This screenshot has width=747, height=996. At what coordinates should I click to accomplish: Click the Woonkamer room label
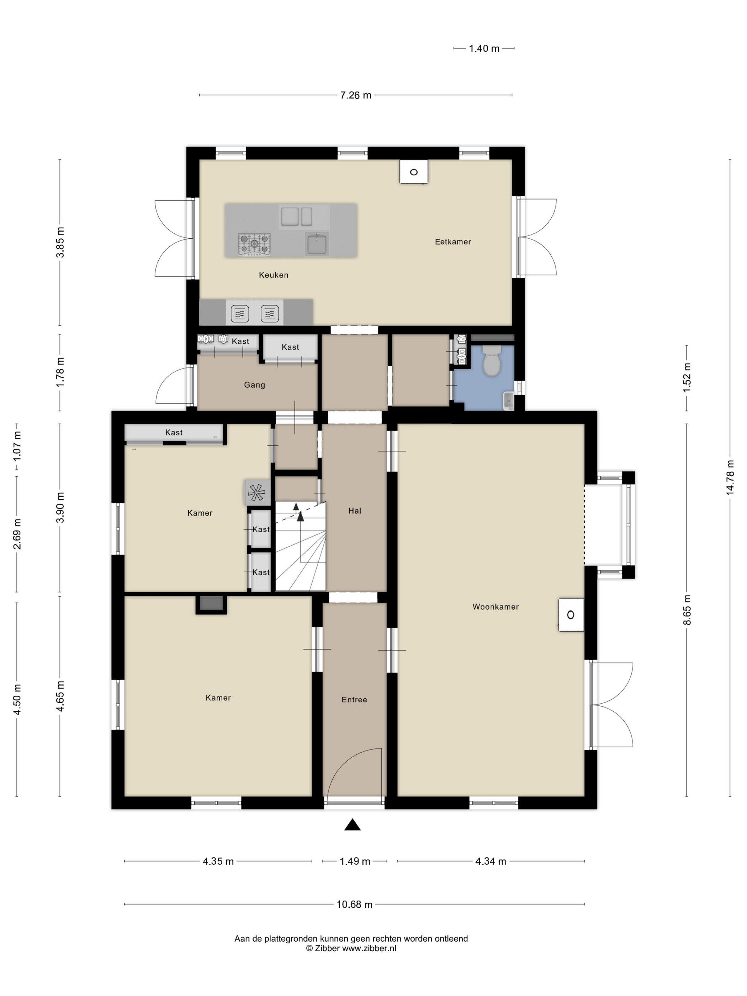click(x=495, y=606)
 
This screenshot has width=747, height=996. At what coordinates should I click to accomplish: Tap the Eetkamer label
click(x=452, y=242)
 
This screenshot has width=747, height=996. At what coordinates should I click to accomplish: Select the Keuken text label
click(x=273, y=275)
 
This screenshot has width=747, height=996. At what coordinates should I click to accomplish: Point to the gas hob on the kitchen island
click(x=254, y=244)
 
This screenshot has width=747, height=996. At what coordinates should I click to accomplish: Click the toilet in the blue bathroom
click(x=491, y=360)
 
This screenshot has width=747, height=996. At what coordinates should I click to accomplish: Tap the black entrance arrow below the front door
click(x=353, y=825)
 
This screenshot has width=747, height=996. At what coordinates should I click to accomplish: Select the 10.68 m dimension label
click(x=354, y=904)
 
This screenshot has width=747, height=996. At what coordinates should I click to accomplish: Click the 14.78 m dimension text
click(x=730, y=478)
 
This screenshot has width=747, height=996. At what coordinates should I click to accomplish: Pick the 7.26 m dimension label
click(x=355, y=95)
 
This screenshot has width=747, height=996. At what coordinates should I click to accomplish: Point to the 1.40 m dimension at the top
click(x=484, y=48)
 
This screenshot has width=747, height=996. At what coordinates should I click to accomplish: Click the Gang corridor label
click(x=254, y=385)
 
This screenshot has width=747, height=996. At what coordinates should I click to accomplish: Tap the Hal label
click(x=354, y=510)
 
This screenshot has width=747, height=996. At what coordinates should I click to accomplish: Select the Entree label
click(x=354, y=700)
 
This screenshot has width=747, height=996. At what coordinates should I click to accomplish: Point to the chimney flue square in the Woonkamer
click(x=571, y=615)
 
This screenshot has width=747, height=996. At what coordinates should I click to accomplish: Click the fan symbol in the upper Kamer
click(x=257, y=492)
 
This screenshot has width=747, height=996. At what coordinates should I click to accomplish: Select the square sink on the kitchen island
click(x=317, y=244)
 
